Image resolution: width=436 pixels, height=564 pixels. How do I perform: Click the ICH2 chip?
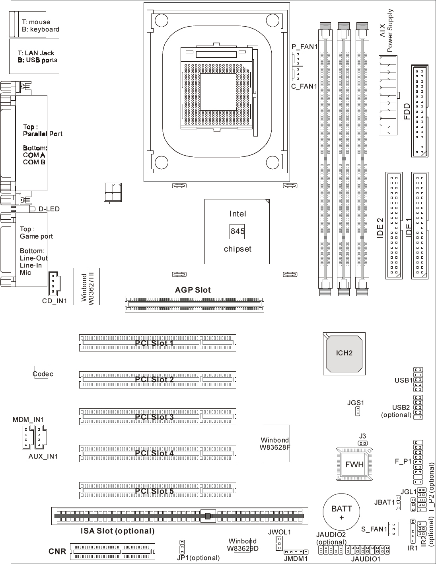point(344,353)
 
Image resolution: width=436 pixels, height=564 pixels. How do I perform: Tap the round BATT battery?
point(341,512)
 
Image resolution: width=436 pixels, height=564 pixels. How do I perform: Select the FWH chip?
point(354,464)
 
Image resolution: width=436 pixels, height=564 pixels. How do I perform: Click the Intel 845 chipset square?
point(237,232)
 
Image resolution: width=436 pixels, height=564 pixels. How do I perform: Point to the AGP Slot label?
point(193,290)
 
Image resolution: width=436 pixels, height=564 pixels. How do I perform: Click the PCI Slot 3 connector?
point(158,417)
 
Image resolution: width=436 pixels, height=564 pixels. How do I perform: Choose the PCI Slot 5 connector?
point(158,490)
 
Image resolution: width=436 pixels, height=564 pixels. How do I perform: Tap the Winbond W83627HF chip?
point(87,287)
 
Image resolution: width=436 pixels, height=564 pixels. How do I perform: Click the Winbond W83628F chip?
point(277,443)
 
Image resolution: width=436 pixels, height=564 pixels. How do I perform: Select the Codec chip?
point(41,373)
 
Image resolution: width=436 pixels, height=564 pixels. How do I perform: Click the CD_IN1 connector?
point(54,283)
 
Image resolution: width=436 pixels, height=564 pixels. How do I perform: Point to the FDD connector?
point(419,111)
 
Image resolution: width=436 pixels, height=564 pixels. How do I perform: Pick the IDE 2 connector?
point(394,226)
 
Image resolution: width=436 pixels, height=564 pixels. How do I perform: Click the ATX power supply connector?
point(388,95)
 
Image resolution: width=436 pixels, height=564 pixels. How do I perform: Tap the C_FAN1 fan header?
point(297,74)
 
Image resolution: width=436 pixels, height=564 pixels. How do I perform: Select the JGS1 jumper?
point(358,411)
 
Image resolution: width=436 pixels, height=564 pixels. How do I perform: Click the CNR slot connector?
point(112,551)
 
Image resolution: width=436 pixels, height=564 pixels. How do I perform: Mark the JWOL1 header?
point(279,543)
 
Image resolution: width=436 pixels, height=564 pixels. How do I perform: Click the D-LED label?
point(49,209)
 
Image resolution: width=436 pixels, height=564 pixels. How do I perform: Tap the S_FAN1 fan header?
point(393,529)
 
